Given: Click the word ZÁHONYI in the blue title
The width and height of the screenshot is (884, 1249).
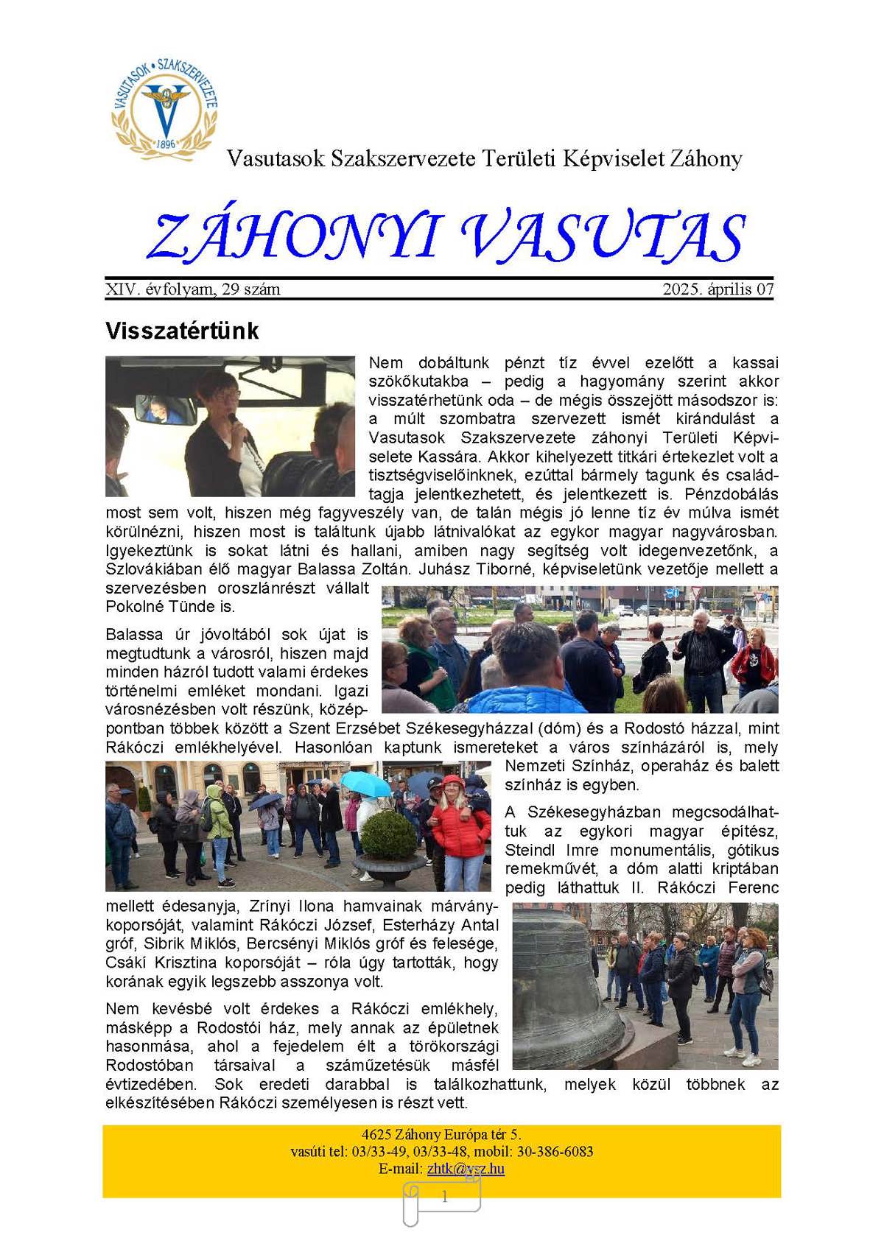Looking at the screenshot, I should (294, 237).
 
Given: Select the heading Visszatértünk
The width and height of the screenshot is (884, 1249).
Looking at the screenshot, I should (182, 331).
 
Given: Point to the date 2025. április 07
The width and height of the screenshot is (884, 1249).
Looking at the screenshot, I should (718, 289).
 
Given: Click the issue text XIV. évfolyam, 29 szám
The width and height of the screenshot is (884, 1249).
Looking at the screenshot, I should (193, 289).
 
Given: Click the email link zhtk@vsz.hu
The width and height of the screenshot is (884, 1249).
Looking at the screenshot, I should (466, 1169).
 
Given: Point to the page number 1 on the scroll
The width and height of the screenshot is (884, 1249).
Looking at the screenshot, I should (444, 1197).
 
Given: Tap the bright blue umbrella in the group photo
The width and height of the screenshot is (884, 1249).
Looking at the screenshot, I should (367, 782).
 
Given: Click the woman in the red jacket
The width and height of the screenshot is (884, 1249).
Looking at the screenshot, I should (459, 825).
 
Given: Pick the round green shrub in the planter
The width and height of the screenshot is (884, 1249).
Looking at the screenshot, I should (389, 831).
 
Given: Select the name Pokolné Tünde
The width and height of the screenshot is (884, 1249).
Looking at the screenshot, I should (170, 607).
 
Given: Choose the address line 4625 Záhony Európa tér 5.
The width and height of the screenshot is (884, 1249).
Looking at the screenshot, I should (441, 1134).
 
